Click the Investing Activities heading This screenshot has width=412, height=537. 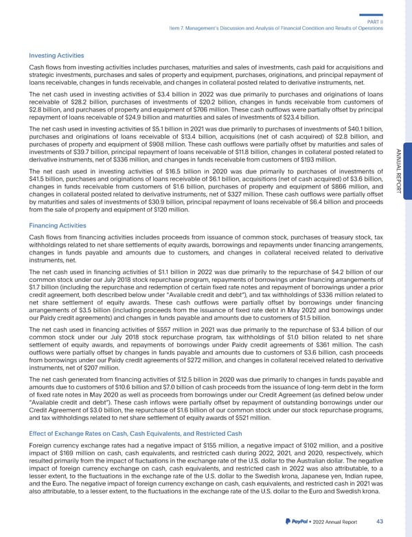56,55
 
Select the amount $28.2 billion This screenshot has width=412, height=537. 81,101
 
